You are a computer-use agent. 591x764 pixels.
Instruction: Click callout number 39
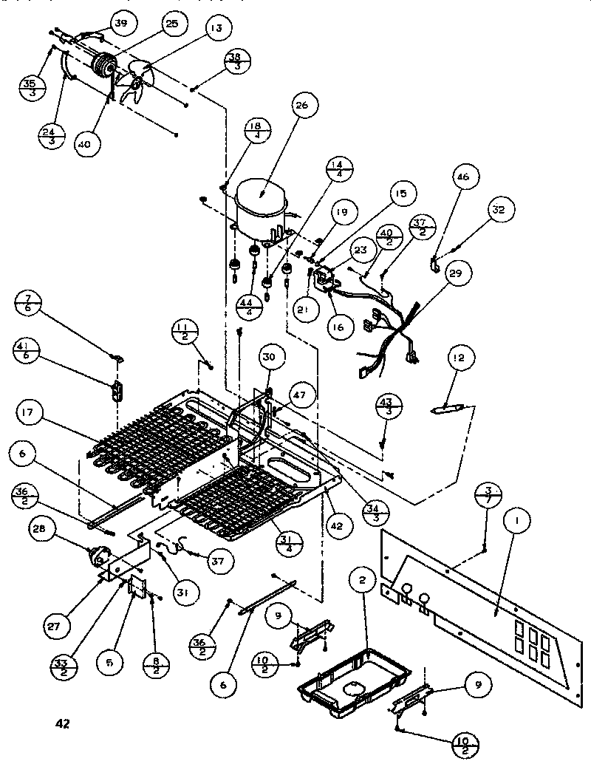120,24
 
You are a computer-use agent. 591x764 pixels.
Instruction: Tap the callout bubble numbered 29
455,274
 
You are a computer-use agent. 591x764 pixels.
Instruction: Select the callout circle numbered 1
517,521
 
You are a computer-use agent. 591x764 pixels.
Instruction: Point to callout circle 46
463,177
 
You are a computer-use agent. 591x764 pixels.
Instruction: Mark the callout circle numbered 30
270,357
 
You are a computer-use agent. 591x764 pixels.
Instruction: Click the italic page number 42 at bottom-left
62,723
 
